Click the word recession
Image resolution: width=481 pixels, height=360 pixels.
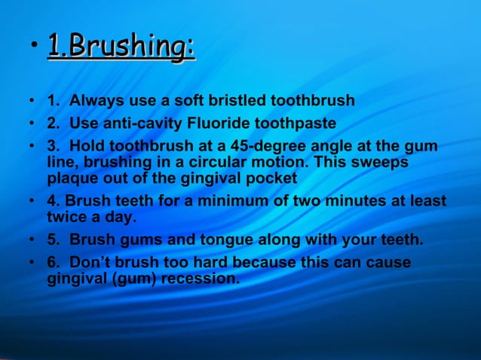click(200, 279)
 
